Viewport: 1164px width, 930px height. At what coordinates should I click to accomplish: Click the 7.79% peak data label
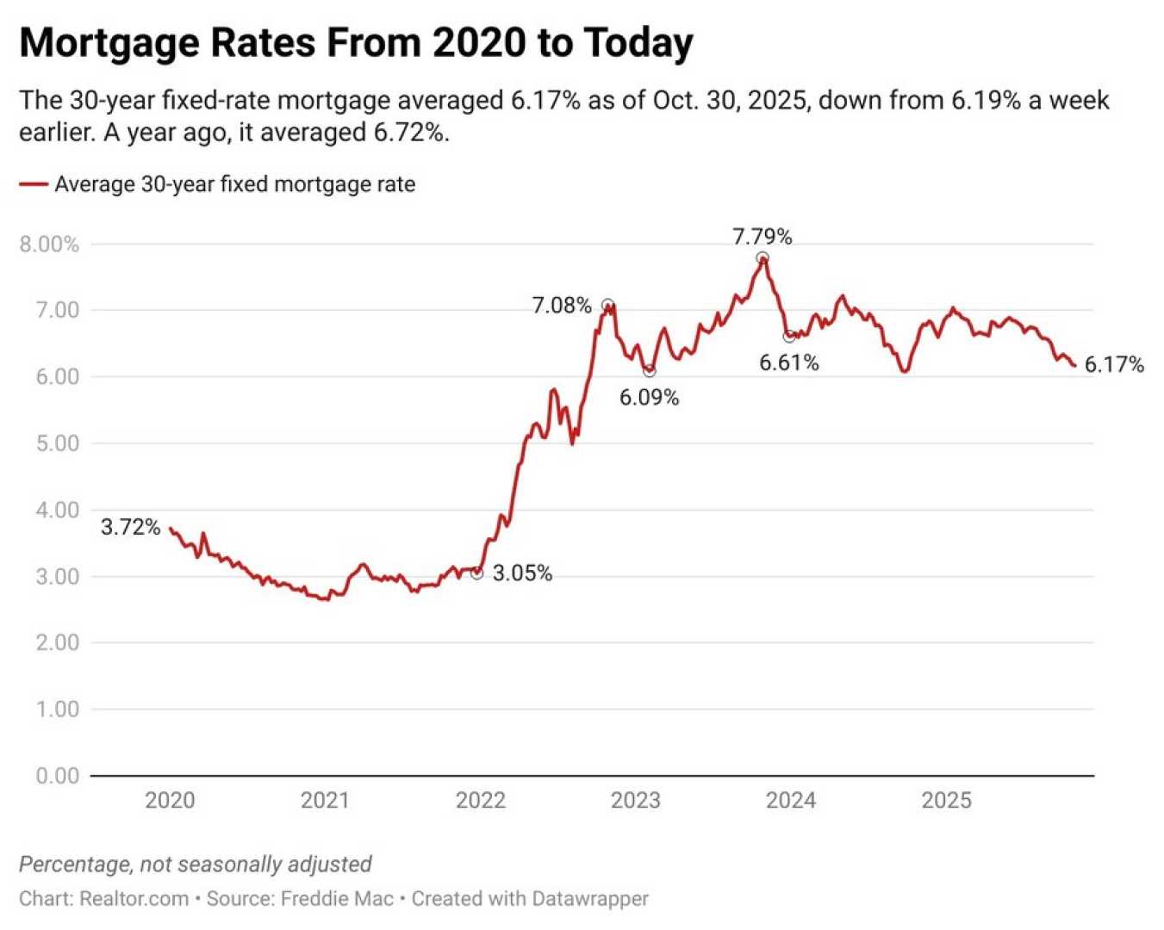click(762, 237)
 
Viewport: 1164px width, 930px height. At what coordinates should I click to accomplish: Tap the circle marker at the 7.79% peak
click(763, 258)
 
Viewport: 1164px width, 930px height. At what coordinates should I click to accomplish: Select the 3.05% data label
click(522, 573)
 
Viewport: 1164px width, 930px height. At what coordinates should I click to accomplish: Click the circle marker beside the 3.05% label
click(477, 573)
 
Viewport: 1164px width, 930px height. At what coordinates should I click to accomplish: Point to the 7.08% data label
click(562, 306)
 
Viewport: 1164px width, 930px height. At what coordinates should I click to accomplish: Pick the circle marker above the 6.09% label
click(650, 371)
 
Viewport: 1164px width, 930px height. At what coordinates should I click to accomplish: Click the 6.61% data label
click(788, 363)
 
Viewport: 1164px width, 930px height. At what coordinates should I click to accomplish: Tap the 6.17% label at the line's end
click(1114, 365)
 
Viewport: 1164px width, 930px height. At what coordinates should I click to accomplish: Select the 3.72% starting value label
click(131, 527)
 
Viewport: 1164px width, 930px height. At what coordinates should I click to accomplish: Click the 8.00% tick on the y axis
click(49, 245)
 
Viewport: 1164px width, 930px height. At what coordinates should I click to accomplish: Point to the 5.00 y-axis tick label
click(57, 443)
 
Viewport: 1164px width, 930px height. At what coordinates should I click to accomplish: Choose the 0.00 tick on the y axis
click(57, 776)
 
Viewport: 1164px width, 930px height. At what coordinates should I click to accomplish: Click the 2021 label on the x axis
click(325, 801)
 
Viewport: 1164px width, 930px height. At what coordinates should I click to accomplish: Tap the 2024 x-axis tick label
click(791, 801)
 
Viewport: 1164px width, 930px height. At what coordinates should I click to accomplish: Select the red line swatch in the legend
click(34, 184)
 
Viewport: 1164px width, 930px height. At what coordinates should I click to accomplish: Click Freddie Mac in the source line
click(337, 899)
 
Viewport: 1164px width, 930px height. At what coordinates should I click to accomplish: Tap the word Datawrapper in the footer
click(589, 899)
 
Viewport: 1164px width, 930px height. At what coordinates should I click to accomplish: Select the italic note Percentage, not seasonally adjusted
click(196, 865)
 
